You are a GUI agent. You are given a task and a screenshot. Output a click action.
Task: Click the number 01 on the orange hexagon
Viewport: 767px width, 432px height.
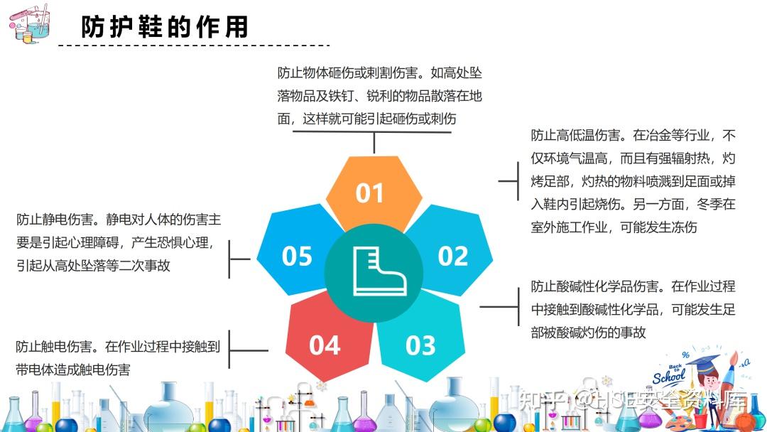coord(369,193)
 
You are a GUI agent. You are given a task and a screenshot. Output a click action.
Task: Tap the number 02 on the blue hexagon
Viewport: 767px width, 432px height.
coord(453,256)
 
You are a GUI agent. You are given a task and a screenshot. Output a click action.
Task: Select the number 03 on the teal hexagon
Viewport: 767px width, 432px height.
coord(420,345)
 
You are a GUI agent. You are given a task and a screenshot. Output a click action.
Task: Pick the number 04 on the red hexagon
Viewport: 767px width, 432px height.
coord(325,345)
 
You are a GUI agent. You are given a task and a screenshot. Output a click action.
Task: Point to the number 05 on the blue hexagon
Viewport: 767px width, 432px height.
coord(297,256)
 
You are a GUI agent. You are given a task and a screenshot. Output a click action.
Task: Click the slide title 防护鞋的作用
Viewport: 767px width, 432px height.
coord(165,27)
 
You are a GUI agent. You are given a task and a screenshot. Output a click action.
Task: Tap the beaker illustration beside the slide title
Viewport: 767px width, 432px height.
coord(29,23)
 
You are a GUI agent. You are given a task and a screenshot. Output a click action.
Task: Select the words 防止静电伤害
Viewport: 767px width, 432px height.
coord(55,220)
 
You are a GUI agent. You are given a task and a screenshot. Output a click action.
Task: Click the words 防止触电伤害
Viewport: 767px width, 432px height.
coord(54,347)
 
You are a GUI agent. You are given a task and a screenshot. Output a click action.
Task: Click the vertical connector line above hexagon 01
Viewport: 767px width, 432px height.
coord(374,143)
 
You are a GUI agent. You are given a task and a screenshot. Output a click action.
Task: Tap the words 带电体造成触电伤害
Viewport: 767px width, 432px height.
coord(73,370)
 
